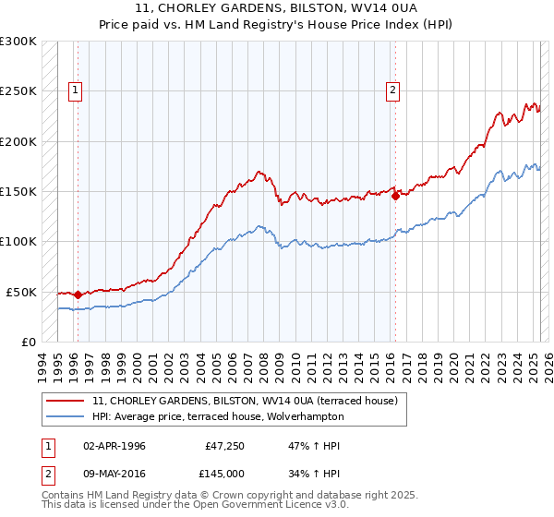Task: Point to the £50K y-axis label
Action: [x=21, y=292]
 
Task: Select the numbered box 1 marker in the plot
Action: [x=75, y=90]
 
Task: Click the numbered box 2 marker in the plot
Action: [x=393, y=90]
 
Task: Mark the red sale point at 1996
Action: [x=78, y=295]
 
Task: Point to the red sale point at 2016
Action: [x=395, y=196]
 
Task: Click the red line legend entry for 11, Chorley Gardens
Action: [x=245, y=402]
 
